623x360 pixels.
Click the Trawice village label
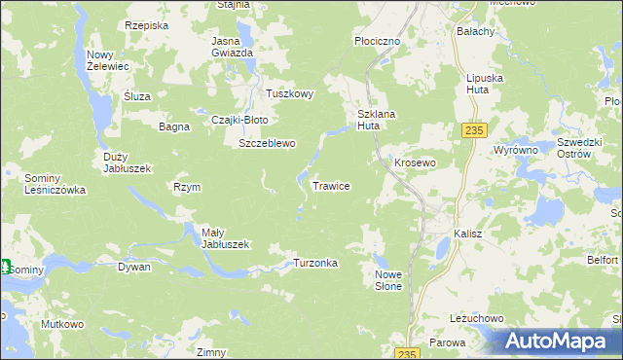pyautogui.click(x=331, y=185)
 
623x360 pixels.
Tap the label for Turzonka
pyautogui.click(x=315, y=264)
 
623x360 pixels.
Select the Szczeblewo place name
pyautogui.click(x=268, y=143)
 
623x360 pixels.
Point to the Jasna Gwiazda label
pyautogui.click(x=233, y=47)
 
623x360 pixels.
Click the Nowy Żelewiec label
pyautogui.click(x=106, y=60)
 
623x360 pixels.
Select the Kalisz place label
pyautogui.click(x=468, y=234)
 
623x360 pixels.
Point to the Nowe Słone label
pyautogui.click(x=388, y=280)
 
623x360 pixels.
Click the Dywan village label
pyautogui.click(x=134, y=266)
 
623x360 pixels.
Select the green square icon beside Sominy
pyautogui.click(x=4, y=267)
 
